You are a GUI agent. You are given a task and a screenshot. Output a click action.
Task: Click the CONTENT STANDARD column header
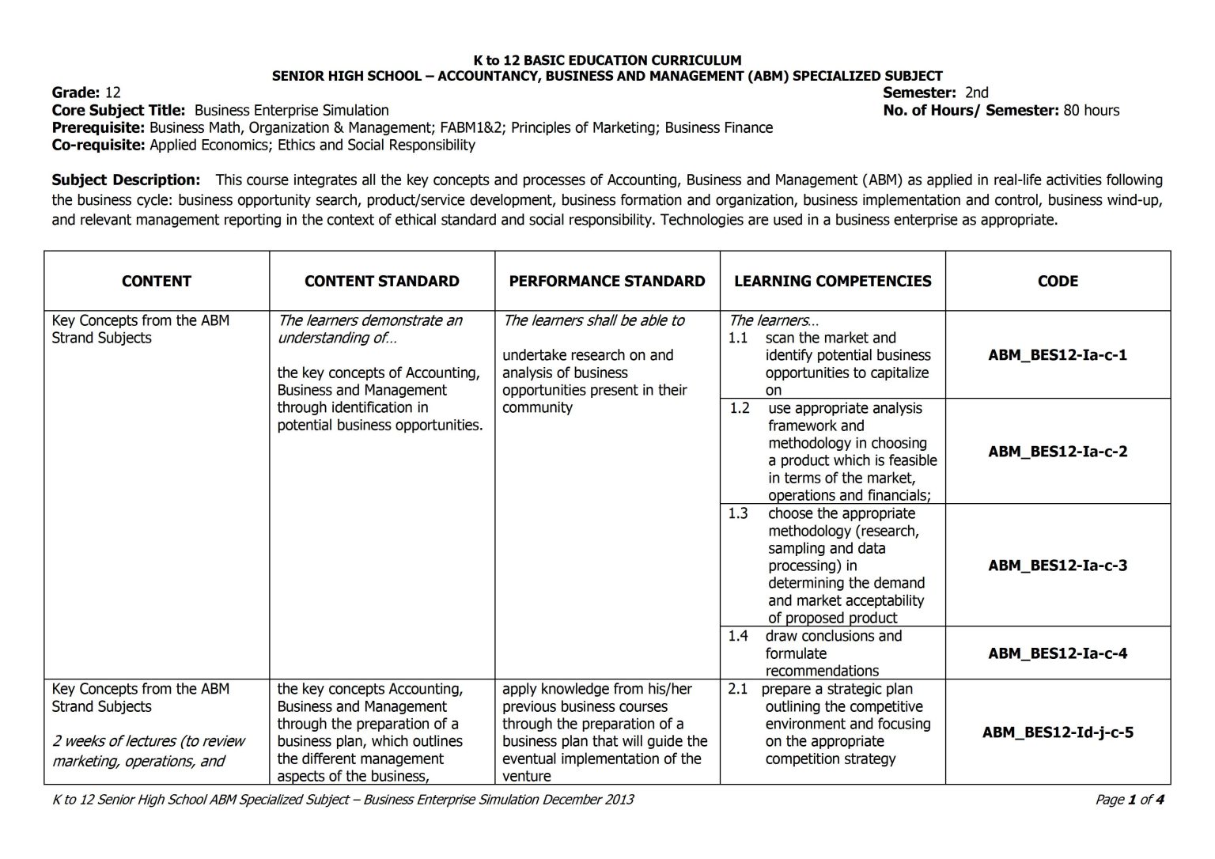(381, 281)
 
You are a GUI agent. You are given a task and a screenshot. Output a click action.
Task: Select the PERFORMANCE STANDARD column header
(607, 281)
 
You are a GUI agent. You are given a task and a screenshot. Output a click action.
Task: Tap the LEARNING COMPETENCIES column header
(832, 281)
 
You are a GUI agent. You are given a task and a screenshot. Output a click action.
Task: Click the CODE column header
(1058, 281)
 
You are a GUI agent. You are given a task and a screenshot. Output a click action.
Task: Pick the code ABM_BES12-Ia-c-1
(1058, 355)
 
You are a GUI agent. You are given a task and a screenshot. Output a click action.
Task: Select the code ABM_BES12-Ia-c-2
(1058, 452)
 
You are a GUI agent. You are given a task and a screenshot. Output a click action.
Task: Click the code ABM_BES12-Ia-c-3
(1058, 566)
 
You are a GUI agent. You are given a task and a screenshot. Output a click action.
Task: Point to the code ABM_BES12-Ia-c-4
(1058, 653)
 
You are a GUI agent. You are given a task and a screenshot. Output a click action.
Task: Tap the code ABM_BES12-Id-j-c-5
(1058, 732)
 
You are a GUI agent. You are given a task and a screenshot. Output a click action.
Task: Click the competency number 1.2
(739, 408)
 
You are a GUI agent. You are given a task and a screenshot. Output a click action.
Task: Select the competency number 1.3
(737, 513)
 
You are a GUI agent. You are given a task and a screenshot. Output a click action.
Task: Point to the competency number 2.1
(737, 689)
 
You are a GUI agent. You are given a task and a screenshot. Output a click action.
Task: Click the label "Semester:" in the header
(919, 93)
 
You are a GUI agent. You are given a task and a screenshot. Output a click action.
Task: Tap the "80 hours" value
(1091, 111)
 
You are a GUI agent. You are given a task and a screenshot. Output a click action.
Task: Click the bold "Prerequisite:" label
(99, 128)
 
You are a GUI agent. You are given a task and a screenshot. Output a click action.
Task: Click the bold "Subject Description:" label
(126, 180)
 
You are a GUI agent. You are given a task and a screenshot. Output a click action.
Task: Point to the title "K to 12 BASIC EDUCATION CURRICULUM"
(607, 60)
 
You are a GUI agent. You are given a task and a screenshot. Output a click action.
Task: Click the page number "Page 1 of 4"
(1129, 800)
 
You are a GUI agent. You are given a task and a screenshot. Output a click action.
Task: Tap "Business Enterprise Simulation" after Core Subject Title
(291, 111)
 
